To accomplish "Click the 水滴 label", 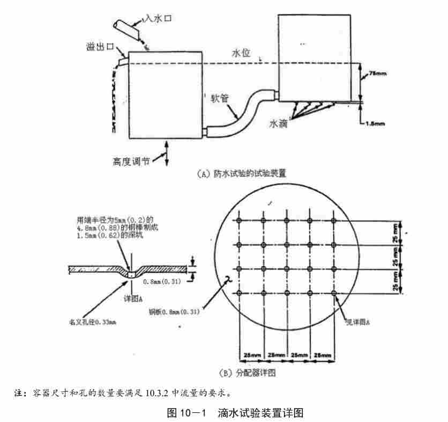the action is (280, 124).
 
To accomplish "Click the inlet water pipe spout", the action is (129, 27).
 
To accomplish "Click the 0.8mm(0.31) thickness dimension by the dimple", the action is (161, 281).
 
